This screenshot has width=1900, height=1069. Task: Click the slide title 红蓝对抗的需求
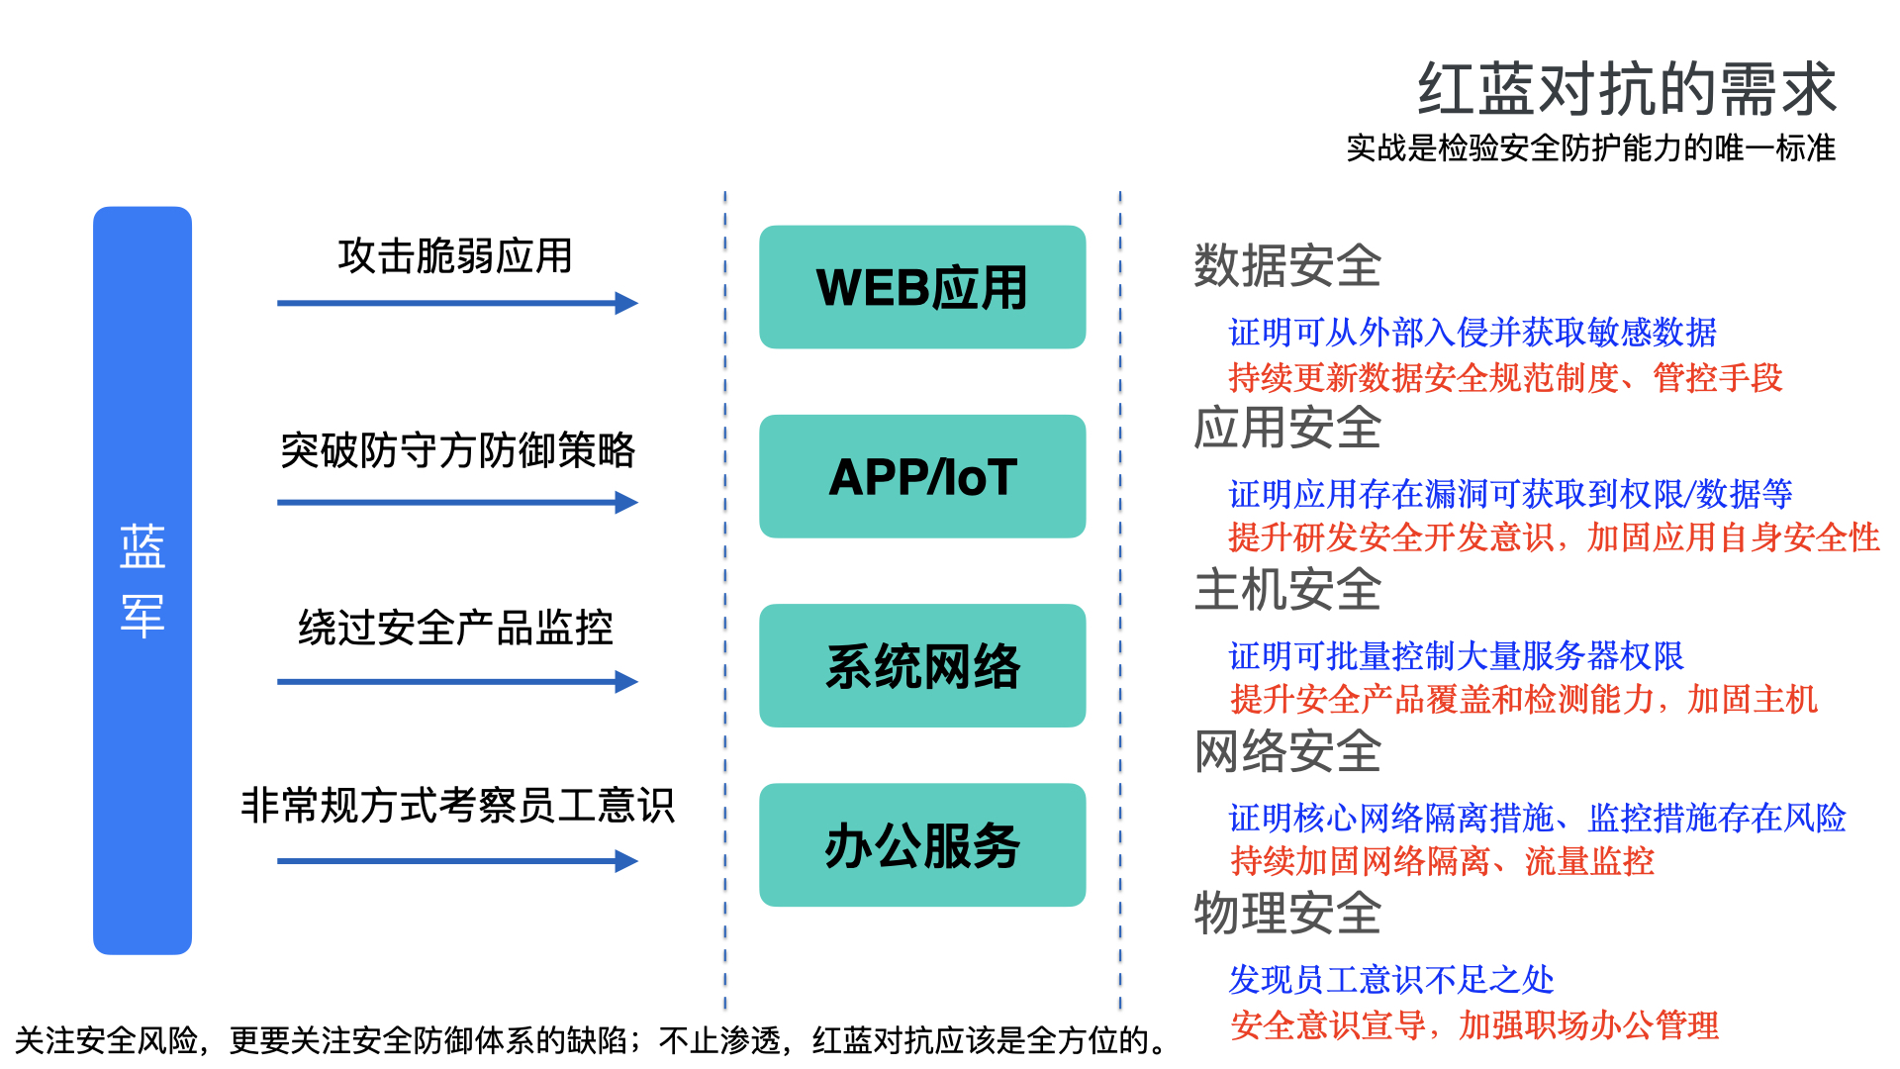tap(1627, 89)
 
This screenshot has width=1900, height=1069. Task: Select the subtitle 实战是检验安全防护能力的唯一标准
tap(1590, 148)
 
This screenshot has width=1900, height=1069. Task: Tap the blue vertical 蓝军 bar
tap(142, 580)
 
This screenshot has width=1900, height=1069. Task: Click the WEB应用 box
tap(922, 287)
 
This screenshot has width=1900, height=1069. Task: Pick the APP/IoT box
tap(922, 476)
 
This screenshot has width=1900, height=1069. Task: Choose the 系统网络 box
tap(922, 665)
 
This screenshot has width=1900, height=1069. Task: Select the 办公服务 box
tap(922, 845)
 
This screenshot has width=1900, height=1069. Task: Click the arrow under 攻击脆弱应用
tap(457, 303)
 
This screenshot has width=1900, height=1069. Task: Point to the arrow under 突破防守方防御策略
tap(457, 503)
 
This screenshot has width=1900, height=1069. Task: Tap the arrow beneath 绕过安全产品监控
tap(457, 682)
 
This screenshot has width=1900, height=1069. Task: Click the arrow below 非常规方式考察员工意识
tap(457, 861)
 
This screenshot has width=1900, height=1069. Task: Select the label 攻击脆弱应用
tap(455, 256)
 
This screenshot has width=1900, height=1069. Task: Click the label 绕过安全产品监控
tap(455, 628)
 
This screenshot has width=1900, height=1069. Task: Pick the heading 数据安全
tap(1287, 265)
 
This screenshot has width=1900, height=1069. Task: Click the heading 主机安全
tap(1287, 590)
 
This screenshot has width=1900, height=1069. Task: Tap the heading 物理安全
tap(1287, 913)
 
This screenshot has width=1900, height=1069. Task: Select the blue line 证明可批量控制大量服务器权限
tap(1456, 656)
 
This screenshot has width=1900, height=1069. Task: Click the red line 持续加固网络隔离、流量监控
tap(1442, 861)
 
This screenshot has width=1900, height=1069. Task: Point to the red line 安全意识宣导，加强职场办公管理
tap(1473, 1025)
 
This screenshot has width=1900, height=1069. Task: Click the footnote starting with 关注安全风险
tap(592, 1040)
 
